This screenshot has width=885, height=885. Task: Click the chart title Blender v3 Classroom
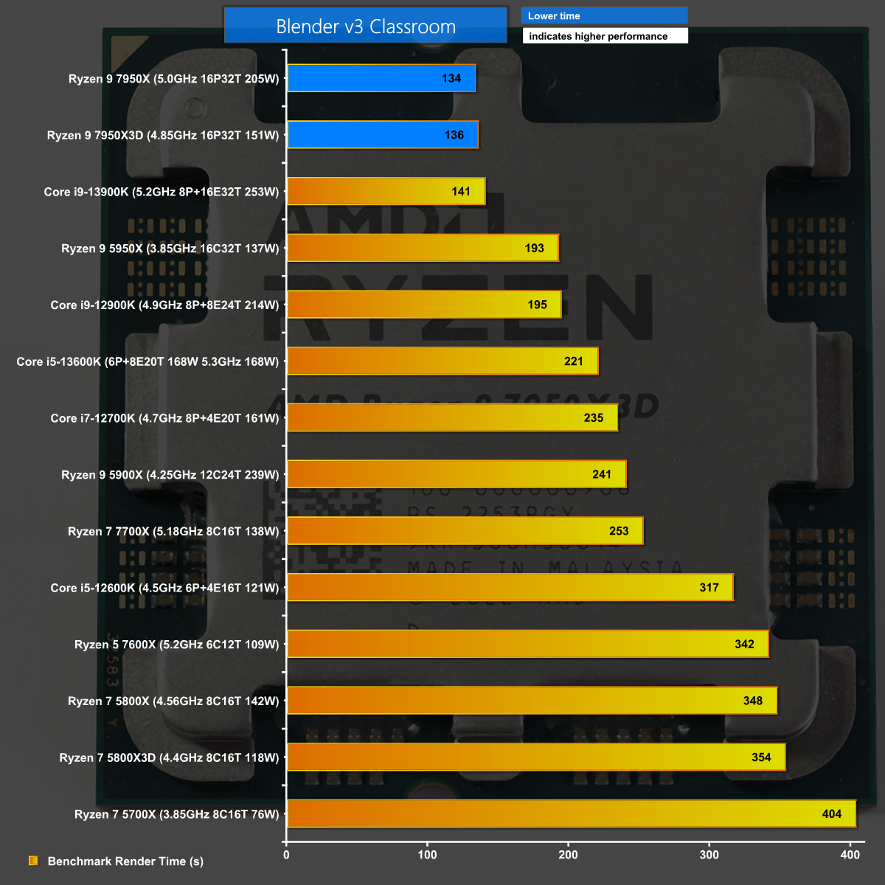point(366,27)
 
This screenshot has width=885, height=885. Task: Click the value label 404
point(831,814)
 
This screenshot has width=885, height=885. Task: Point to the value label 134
point(451,78)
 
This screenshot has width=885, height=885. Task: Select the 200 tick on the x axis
point(569,855)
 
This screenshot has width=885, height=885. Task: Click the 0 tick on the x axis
point(287,855)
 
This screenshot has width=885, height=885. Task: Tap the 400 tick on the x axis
point(850,855)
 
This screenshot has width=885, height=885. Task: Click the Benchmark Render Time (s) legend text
point(125,861)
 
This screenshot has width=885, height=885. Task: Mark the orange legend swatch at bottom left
point(33,861)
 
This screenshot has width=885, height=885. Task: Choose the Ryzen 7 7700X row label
point(173,531)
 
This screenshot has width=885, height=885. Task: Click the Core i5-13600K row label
point(147,361)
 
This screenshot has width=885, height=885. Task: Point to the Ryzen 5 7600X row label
point(177,645)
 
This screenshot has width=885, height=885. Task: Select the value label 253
point(619,531)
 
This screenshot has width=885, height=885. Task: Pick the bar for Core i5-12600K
point(510,588)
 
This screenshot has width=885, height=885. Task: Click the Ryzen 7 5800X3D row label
point(170,757)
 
